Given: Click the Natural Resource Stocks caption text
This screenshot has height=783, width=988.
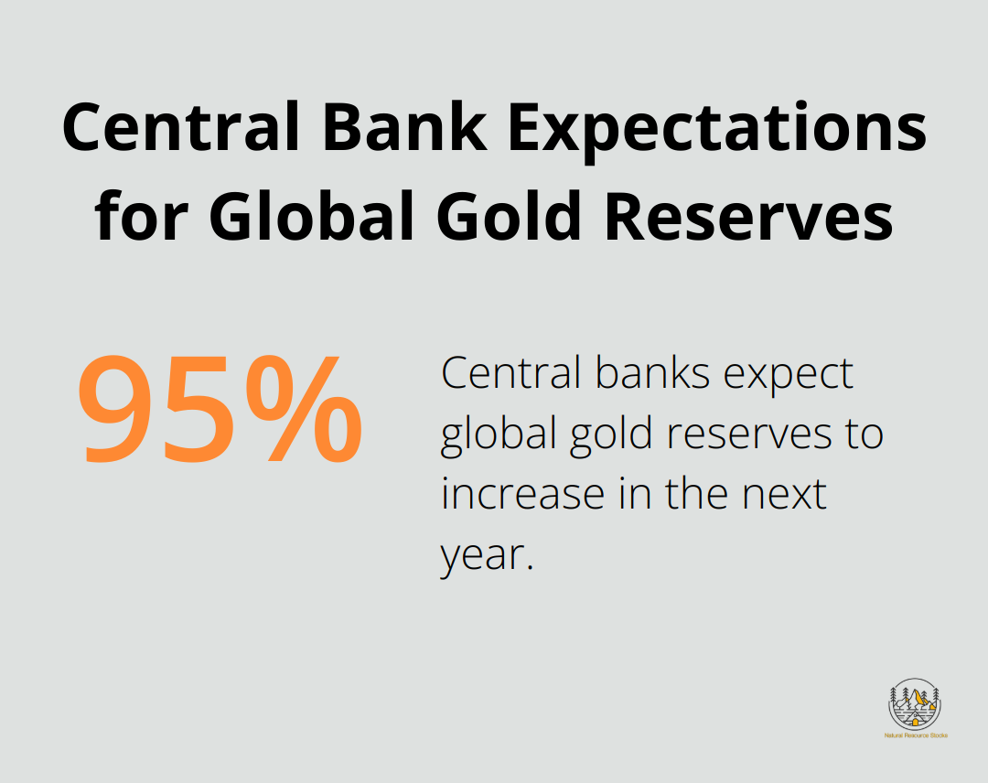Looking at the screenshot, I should click(x=915, y=735).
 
